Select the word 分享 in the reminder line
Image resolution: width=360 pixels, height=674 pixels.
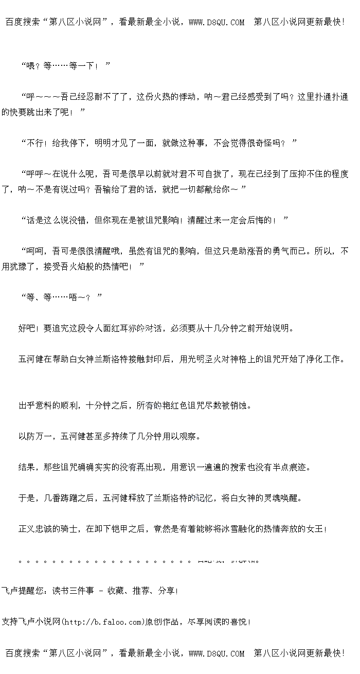(167, 591)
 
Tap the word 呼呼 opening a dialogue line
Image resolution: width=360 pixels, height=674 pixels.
(33, 174)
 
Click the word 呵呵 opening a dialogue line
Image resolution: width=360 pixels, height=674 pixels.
(33, 251)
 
